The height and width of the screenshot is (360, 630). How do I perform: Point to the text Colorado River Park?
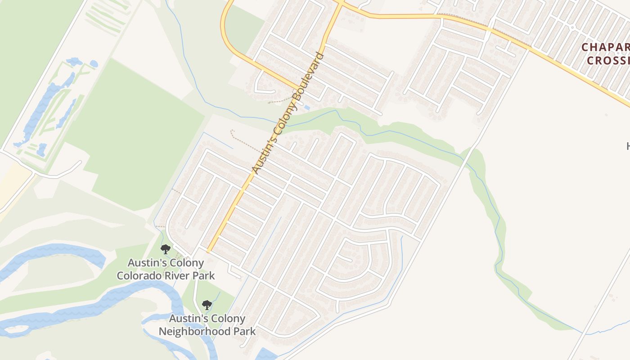[166, 275]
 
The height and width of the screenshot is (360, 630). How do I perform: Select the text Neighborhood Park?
[207, 332]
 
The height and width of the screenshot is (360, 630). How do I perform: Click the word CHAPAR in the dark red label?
[605, 47]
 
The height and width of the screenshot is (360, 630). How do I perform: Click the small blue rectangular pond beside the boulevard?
[307, 108]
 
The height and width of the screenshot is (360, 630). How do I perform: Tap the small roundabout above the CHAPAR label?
[572, 27]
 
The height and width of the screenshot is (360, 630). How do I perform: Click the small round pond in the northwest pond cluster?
[94, 64]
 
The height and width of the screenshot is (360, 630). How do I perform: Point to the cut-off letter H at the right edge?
[628, 146]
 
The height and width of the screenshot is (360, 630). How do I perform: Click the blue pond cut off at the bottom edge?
[266, 355]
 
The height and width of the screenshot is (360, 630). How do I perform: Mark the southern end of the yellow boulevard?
[209, 250]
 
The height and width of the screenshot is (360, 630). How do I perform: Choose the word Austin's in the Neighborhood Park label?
[188, 319]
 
